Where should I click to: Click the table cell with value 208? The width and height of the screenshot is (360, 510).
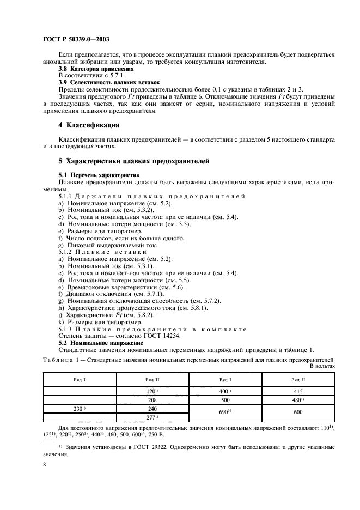click(152, 399)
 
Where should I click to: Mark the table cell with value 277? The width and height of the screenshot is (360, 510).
click(152, 417)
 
